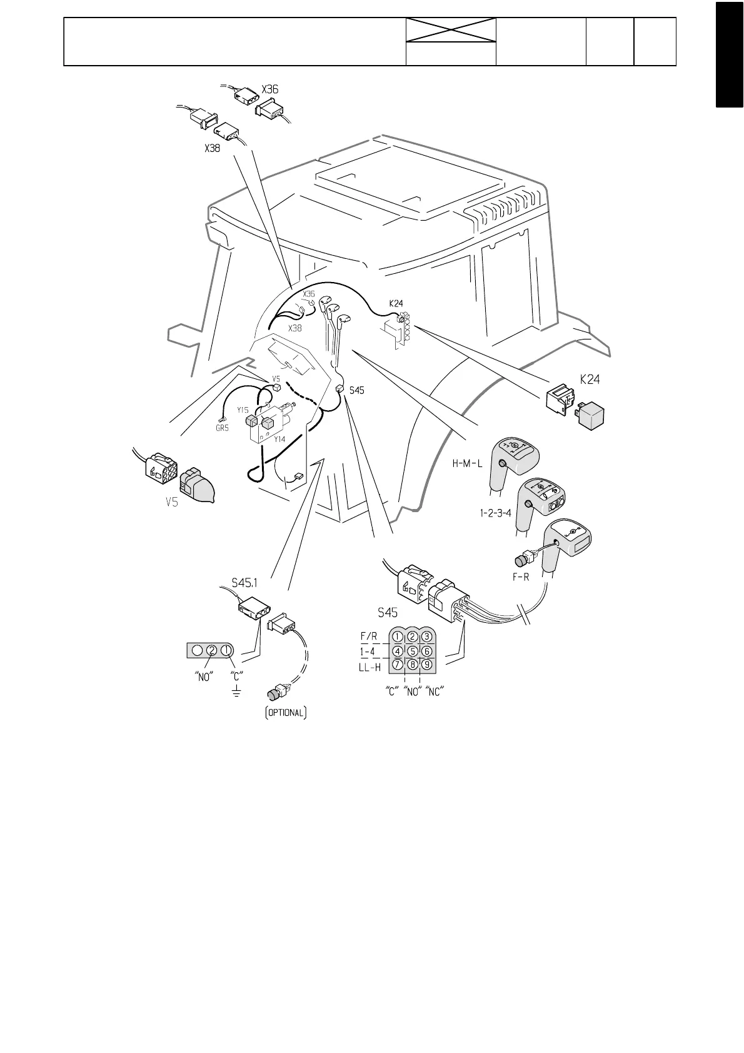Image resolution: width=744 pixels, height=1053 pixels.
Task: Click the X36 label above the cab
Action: click(270, 89)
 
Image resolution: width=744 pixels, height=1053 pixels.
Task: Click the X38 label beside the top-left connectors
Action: click(213, 149)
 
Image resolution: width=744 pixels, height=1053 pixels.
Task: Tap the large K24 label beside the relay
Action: click(590, 379)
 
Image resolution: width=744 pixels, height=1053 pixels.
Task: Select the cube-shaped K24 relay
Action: click(591, 415)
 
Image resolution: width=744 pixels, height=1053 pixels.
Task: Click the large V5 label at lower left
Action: click(172, 501)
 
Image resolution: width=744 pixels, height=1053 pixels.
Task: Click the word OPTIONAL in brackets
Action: click(285, 713)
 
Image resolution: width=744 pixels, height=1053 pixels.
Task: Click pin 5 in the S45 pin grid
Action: click(412, 651)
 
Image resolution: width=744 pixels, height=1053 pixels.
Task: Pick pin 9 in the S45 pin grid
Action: click(427, 665)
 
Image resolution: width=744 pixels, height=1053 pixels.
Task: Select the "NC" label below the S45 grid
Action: click(434, 692)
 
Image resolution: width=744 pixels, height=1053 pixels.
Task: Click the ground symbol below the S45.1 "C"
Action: click(236, 692)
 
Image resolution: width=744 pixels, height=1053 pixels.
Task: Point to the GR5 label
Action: click(222, 429)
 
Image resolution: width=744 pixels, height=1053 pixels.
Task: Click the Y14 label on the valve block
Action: click(279, 440)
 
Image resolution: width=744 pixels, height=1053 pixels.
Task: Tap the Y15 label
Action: click(243, 410)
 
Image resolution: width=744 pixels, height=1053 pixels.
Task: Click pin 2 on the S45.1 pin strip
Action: click(212, 651)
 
